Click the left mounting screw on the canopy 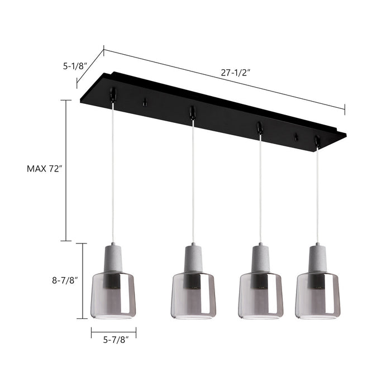point(145,102)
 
